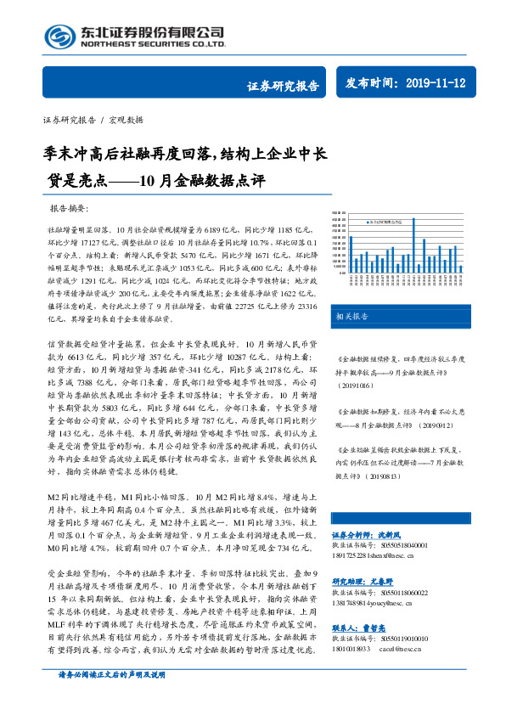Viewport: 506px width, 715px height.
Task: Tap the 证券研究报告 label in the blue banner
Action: [x=283, y=85]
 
